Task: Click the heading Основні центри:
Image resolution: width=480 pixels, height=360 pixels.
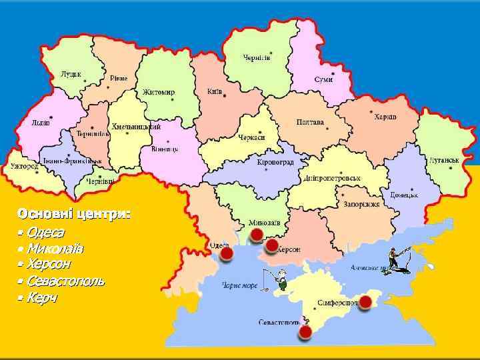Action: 74,214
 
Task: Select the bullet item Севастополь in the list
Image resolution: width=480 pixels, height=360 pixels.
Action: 65,281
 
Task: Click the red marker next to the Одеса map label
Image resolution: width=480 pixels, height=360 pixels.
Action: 227,254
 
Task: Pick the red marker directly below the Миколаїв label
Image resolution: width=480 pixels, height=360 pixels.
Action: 257,235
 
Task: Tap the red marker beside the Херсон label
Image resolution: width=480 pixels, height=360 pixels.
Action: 271,246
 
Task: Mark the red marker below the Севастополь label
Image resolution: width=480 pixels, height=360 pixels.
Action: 305,331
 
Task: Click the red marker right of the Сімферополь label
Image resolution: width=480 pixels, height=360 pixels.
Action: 365,301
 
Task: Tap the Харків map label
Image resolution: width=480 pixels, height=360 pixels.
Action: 385,117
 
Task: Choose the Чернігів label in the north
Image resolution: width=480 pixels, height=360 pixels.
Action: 257,58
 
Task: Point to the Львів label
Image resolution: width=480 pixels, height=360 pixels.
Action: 41,123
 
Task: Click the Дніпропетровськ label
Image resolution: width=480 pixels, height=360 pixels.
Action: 332,179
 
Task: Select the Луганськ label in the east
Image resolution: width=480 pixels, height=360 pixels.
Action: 444,161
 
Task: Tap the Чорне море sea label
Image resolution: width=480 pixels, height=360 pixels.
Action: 240,285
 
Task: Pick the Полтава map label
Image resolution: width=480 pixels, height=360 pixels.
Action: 310,123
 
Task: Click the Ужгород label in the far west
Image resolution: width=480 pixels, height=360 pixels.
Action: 24,166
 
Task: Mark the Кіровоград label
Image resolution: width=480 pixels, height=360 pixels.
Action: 275,162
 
